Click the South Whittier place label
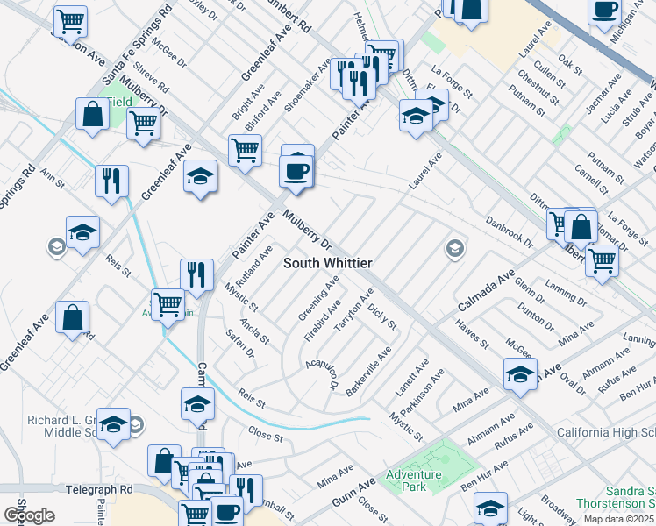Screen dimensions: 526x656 [328, 263]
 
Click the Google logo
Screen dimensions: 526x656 [30, 515]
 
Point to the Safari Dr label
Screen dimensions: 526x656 [239, 344]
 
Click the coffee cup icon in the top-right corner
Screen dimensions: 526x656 [605, 11]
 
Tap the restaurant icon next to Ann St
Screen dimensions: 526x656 [111, 181]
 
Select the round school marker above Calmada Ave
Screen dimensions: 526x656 [454, 249]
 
